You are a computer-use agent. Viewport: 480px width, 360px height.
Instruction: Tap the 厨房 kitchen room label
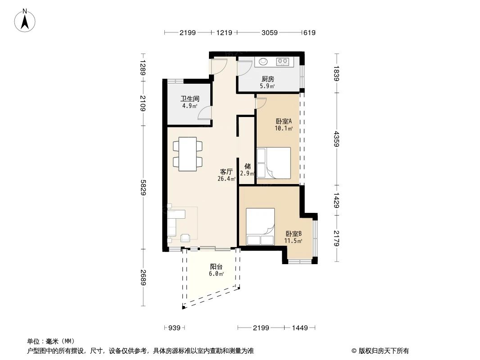267,79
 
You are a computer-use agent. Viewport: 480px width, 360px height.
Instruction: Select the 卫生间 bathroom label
190,99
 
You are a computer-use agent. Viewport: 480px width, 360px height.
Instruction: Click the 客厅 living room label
226,171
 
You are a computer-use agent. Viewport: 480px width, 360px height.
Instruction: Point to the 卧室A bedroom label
284,121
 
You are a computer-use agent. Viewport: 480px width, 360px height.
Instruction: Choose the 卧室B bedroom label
293,234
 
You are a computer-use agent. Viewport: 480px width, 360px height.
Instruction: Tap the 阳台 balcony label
216,266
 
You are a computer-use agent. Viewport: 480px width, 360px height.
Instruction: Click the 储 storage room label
247,166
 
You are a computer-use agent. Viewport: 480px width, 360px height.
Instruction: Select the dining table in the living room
188,154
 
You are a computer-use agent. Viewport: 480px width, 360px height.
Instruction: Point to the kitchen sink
263,62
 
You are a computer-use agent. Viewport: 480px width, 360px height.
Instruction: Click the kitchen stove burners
283,62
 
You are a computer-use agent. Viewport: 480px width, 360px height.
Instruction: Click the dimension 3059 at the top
269,32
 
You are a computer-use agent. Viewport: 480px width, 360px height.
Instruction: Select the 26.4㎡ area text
226,179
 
